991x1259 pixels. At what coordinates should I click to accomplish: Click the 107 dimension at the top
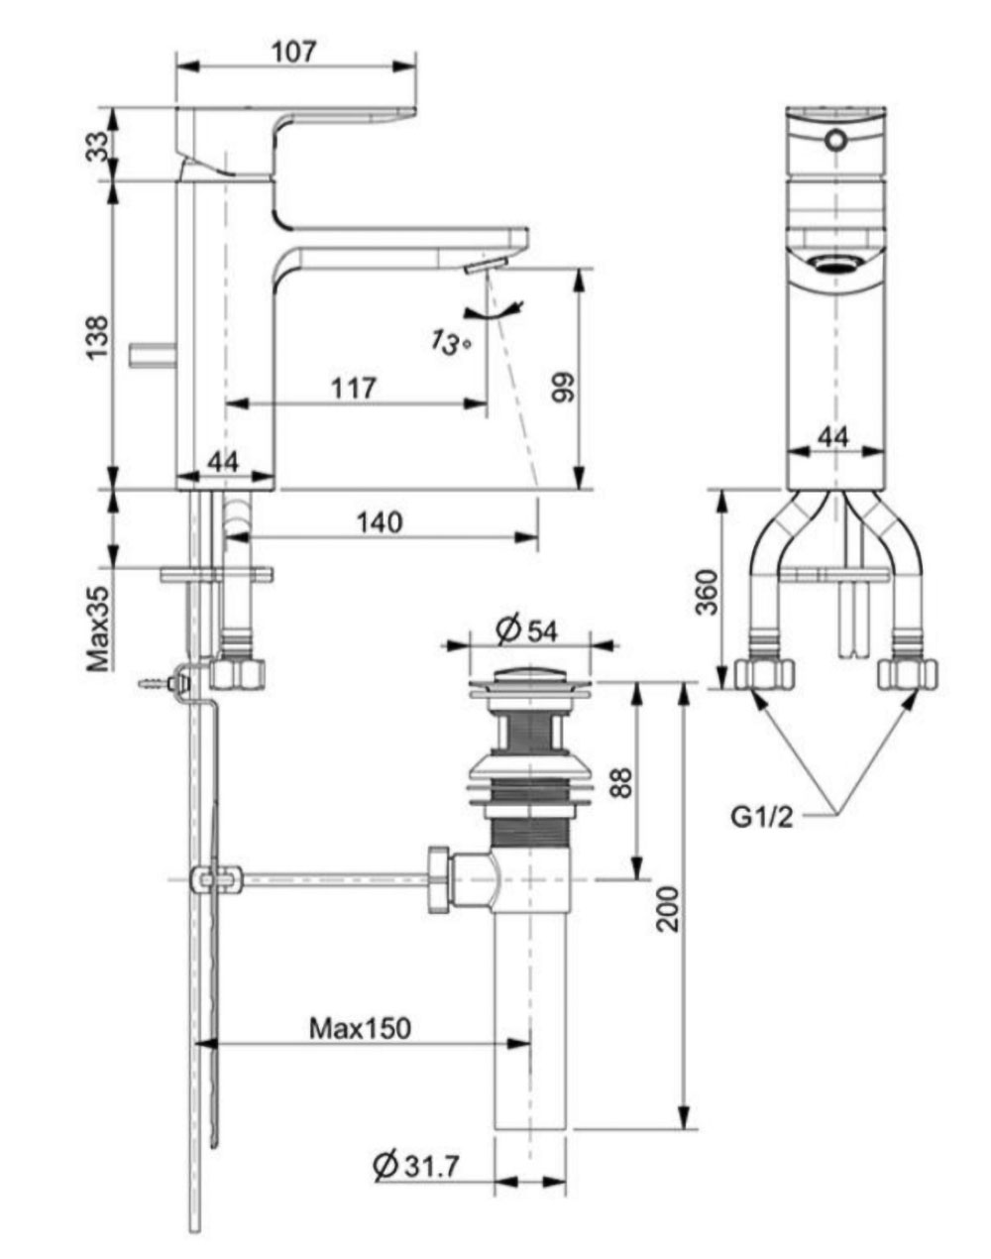coord(295,51)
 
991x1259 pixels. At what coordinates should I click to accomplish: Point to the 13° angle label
coord(449,343)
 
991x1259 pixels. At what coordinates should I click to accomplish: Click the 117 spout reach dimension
coord(355,388)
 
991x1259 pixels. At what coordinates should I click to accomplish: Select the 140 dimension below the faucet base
coord(380,521)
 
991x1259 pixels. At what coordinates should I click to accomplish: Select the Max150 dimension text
coord(359,1028)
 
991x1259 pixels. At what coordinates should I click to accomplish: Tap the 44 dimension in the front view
coord(835,435)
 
